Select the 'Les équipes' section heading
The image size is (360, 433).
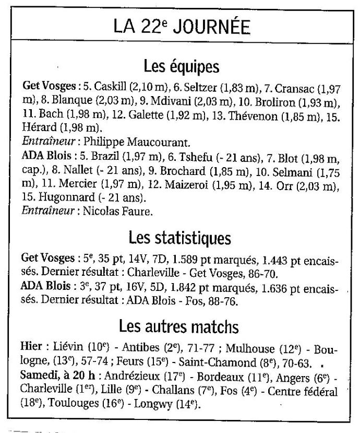click(x=181, y=67)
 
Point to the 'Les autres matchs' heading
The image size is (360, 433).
click(x=179, y=327)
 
